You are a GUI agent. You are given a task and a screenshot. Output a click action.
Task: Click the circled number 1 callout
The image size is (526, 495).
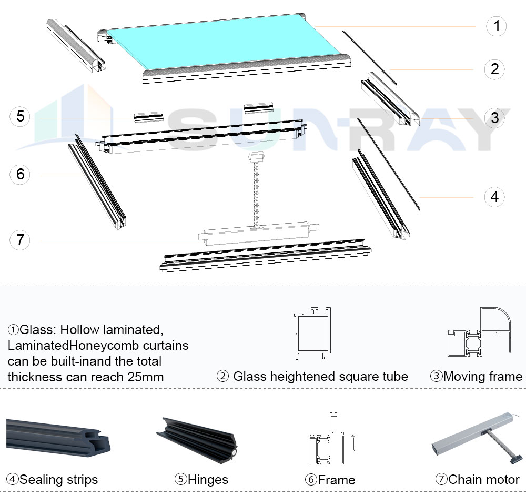point(497,26)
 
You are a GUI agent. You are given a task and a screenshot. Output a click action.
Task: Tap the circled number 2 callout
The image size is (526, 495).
point(494,69)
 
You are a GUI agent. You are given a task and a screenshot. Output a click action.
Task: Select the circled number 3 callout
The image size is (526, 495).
point(494,118)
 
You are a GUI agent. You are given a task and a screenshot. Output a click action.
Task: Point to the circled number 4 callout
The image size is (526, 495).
point(494,197)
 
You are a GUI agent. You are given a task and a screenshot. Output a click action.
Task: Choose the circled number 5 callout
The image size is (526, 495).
point(20,116)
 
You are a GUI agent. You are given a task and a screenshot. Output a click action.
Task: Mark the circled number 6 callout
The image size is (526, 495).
point(20,174)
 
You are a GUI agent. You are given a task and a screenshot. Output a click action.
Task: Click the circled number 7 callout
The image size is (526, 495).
point(20,240)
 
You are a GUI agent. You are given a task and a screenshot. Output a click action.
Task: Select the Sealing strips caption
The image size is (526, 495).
point(53,479)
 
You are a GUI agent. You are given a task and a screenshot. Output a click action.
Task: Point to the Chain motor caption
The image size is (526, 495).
point(478,479)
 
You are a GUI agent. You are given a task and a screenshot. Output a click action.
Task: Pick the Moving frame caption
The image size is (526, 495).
point(477,376)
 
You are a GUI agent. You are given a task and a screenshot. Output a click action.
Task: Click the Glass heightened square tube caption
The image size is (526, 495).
point(312,376)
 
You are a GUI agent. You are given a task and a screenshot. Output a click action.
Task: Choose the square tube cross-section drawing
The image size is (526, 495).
point(312,334)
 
